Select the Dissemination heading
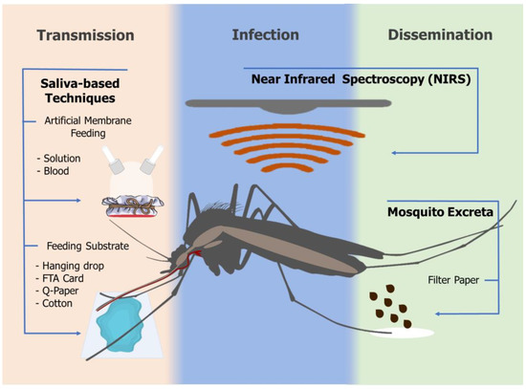441,36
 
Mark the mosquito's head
185,253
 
